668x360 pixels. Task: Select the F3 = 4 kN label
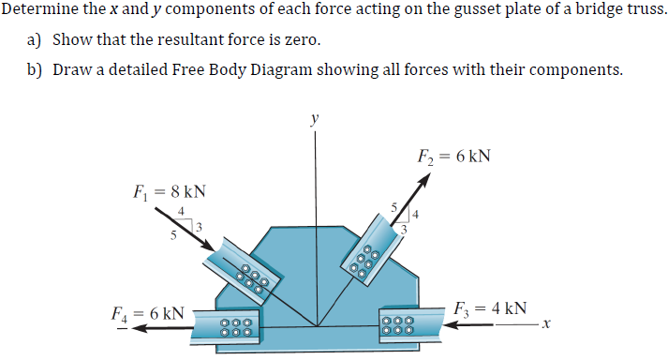pyautogui.click(x=489, y=307)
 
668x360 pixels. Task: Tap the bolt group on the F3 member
pyautogui.click(x=395, y=327)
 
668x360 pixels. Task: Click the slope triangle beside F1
pyautogui.click(x=185, y=222)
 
